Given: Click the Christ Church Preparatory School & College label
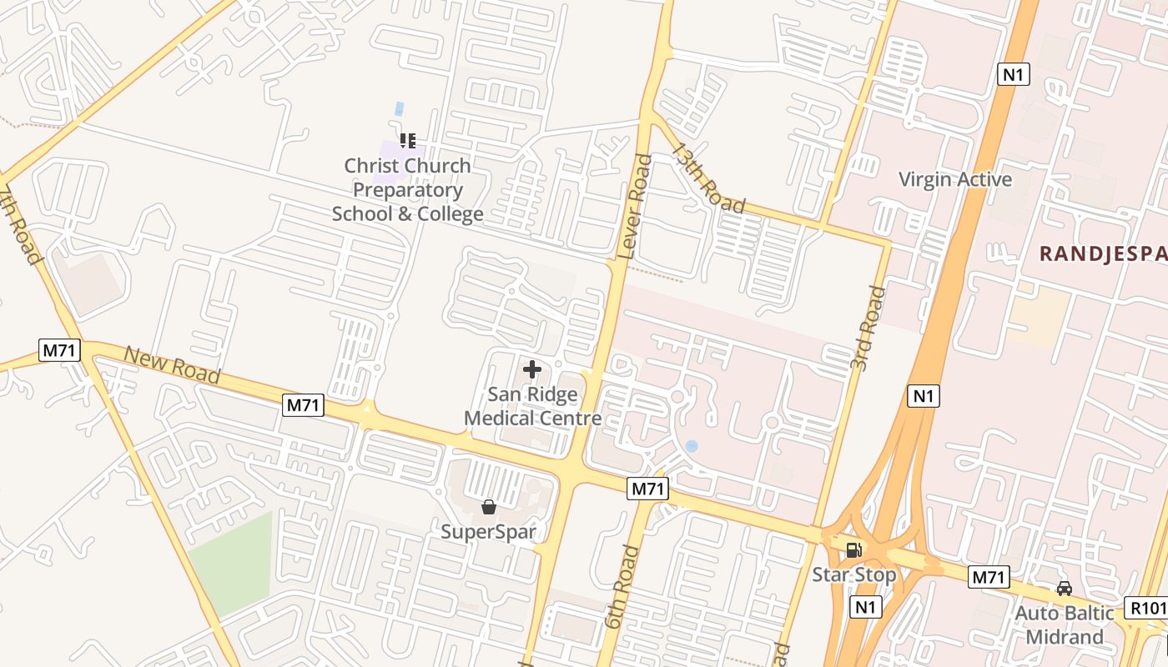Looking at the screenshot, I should point(408,190).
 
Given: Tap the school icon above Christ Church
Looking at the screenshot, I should point(408,140).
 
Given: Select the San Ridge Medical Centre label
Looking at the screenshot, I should point(532,406).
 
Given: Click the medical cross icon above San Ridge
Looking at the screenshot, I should point(532,369).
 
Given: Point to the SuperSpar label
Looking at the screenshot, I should point(488,532).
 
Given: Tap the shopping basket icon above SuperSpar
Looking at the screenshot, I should point(489,506).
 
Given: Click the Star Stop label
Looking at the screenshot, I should point(854,574).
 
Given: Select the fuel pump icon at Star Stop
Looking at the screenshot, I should point(853,550).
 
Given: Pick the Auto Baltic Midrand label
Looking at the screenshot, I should point(1065,625).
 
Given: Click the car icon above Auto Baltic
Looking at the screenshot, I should point(1065,589).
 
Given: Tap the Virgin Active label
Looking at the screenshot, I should point(955,179).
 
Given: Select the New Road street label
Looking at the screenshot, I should point(172,365).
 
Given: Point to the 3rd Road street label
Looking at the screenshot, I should point(867,328).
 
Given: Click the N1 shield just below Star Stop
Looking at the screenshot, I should point(865,607).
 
